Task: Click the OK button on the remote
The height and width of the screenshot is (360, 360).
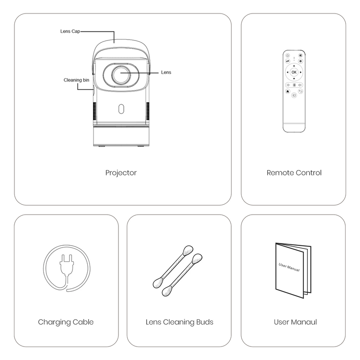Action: (x=294, y=72)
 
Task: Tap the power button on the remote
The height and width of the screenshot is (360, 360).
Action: (x=288, y=55)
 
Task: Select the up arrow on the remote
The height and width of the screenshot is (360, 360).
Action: (x=294, y=66)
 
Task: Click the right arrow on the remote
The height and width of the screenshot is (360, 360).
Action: (x=301, y=72)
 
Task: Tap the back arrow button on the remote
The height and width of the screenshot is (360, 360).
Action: (x=301, y=91)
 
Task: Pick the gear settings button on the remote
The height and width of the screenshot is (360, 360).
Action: (x=300, y=61)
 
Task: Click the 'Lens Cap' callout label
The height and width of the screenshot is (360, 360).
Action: (x=70, y=31)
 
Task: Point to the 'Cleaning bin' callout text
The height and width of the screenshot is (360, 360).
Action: (x=76, y=80)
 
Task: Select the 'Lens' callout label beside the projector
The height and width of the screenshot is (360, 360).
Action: (x=166, y=72)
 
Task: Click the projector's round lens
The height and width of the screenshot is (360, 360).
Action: (x=121, y=75)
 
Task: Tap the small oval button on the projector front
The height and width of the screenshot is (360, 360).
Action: (x=121, y=109)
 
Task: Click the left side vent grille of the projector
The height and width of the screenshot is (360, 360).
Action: (x=94, y=111)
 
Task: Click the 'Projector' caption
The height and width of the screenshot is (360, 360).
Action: (x=121, y=173)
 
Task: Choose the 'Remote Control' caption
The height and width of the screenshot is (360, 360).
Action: (x=294, y=173)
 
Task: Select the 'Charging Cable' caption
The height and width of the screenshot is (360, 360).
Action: (x=66, y=322)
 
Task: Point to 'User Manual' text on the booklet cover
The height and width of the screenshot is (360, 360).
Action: (x=289, y=267)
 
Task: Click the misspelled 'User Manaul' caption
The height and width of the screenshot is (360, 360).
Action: (x=295, y=322)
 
